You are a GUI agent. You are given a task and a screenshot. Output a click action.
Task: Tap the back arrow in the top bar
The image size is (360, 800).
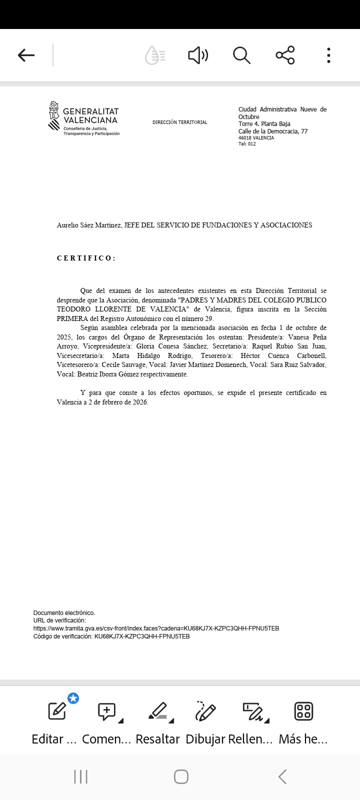tap(26, 55)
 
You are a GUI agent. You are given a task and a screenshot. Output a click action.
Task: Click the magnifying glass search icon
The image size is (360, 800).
tap(241, 55)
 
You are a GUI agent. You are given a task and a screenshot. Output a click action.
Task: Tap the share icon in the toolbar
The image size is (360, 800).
tap(285, 55)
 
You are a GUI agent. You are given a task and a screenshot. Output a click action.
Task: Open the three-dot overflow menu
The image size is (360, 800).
tap(328, 55)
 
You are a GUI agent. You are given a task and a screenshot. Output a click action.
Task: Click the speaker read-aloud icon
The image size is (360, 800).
tap(198, 55)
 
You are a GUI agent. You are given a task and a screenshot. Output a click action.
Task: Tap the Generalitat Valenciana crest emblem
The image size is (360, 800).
tap(53, 116)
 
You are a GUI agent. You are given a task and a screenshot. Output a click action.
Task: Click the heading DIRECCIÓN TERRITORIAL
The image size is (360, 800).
tap(179, 122)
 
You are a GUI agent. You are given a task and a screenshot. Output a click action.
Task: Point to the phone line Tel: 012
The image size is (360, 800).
tap(247, 144)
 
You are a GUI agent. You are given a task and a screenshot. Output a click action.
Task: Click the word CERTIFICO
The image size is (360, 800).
tap(86, 258)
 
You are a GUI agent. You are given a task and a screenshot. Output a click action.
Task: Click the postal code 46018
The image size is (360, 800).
tap(245, 138)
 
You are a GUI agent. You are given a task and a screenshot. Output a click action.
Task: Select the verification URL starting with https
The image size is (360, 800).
tap(156, 628)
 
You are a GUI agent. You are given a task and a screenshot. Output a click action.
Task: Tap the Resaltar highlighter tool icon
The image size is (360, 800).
tap(158, 711)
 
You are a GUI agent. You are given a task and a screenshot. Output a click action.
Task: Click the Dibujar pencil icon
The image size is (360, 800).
tap(205, 711)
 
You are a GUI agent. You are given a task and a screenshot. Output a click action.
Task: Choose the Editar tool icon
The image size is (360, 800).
tap(57, 711)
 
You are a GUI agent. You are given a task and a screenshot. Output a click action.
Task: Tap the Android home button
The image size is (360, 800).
tap(181, 776)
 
